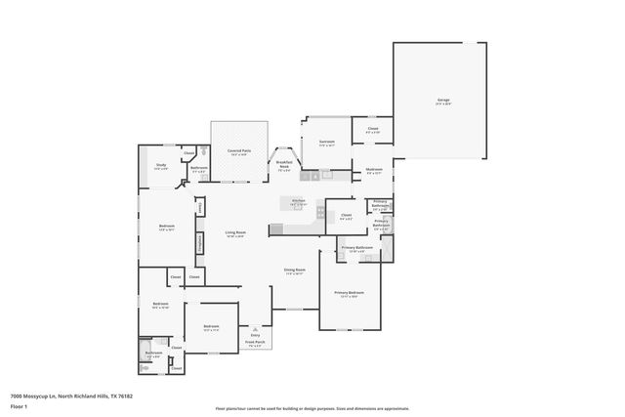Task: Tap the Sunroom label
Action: [327, 143]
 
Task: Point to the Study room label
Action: [161, 166]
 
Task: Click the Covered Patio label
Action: [239, 151]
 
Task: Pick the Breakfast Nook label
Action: [284, 164]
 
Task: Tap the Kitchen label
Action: [299, 201]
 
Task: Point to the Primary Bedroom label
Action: [350, 293]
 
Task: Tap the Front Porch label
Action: [255, 343]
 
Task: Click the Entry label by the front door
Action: [255, 333]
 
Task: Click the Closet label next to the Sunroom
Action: [373, 129]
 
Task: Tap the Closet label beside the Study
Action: [189, 153]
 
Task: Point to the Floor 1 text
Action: [19, 404]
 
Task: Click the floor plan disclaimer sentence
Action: [312, 408]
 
